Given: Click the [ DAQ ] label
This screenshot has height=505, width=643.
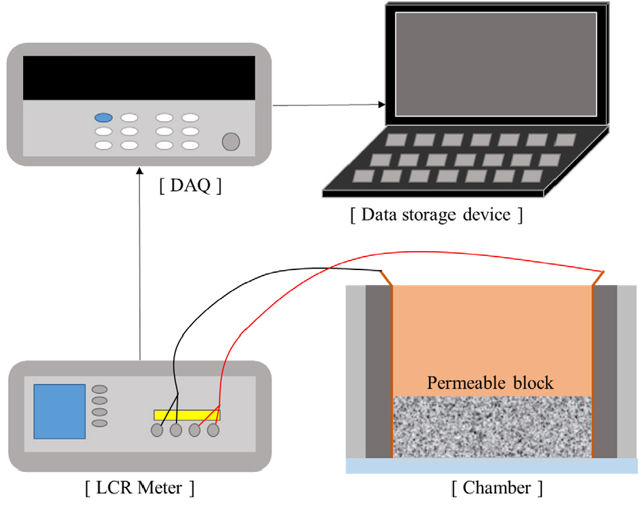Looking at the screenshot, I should [x=190, y=185].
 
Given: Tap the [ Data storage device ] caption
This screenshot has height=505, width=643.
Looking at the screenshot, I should [x=437, y=215].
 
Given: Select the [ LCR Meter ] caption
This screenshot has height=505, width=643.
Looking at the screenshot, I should [x=140, y=487].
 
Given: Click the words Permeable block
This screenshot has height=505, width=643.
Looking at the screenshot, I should [x=490, y=382].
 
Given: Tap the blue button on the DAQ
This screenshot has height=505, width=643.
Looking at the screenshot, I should [x=104, y=118].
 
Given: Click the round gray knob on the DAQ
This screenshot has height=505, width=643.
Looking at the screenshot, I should [x=231, y=141].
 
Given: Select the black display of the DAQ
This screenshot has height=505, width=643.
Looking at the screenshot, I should [x=139, y=78].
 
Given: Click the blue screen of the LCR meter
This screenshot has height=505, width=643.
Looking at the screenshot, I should [x=60, y=411].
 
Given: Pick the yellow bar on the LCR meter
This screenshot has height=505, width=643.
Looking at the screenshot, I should [x=187, y=414].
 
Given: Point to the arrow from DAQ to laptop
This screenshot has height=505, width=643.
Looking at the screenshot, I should [x=328, y=105].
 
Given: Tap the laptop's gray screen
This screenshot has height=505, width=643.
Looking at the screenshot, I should [x=495, y=64].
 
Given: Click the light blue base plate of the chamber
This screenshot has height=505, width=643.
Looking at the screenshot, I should [x=492, y=466].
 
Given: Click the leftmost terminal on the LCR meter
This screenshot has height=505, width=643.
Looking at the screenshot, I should [x=158, y=430].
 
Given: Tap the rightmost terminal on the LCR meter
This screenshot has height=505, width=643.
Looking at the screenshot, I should [x=213, y=430].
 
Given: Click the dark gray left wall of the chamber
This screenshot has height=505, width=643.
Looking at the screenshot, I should [x=378, y=372].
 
